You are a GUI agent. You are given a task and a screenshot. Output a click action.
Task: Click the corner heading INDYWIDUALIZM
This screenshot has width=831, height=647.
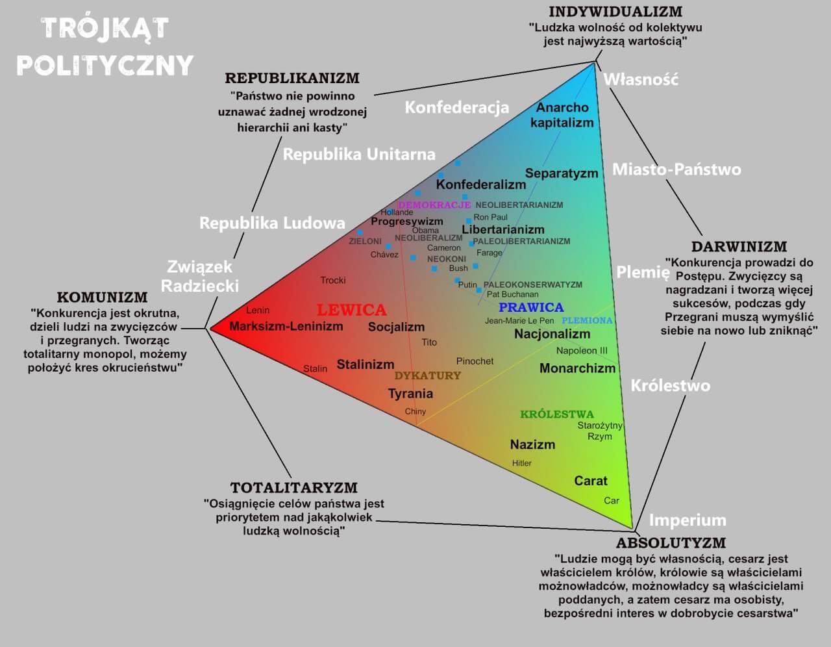pyautogui.click(x=615, y=12)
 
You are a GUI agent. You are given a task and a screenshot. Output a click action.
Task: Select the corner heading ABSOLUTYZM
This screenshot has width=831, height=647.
pyautogui.click(x=671, y=543)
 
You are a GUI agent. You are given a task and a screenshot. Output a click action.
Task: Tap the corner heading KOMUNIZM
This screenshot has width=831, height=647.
pyautogui.click(x=102, y=298)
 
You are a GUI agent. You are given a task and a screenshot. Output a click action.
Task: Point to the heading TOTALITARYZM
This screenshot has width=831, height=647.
pyautogui.click(x=294, y=488)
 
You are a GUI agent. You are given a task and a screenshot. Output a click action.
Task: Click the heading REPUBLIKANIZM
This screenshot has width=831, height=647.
pyautogui.click(x=292, y=79)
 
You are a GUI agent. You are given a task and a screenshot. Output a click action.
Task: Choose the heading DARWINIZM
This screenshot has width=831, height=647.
pyautogui.click(x=739, y=247)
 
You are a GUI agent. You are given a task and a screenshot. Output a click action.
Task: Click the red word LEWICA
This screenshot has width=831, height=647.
pyautogui.click(x=351, y=310)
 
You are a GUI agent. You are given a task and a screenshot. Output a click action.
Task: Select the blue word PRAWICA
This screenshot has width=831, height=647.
pyautogui.click(x=531, y=307)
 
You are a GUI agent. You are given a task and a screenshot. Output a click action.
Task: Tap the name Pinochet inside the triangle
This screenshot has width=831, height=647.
pyautogui.click(x=475, y=361)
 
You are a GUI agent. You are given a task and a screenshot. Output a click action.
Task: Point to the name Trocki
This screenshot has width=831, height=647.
pyautogui.click(x=333, y=280)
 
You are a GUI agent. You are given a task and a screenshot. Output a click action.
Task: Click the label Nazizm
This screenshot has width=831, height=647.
pyautogui.click(x=532, y=444)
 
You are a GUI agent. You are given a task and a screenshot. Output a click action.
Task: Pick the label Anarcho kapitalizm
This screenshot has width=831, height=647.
pyautogui.click(x=562, y=115)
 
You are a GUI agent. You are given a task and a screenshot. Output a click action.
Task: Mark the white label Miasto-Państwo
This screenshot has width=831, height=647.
pyautogui.click(x=676, y=170)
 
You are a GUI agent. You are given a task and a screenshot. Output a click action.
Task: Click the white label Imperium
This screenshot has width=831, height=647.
pyautogui.click(x=688, y=520)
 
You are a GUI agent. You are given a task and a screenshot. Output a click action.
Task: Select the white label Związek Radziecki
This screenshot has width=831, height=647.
pyautogui.click(x=199, y=276)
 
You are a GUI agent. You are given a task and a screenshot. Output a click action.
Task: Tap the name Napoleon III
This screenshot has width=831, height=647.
pyautogui.click(x=581, y=351)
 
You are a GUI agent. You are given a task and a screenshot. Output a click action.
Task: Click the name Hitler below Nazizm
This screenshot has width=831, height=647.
pyautogui.click(x=522, y=463)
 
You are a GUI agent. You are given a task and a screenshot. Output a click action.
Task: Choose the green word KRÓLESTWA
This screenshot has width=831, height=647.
pyautogui.click(x=556, y=414)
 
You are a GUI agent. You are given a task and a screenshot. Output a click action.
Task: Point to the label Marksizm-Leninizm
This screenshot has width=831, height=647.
pyautogui.click(x=286, y=326)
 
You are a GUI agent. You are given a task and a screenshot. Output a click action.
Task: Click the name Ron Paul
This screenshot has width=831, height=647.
pyautogui.click(x=490, y=217)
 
